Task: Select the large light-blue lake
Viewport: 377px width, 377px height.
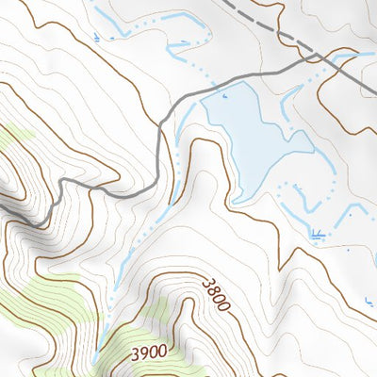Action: point(250,132)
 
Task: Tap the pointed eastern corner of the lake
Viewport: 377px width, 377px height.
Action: point(312,148)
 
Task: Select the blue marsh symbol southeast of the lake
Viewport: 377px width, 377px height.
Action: point(318,232)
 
